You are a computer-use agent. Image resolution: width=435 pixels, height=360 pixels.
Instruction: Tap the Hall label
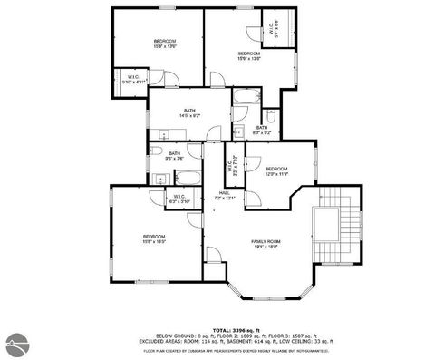click(x=224, y=194)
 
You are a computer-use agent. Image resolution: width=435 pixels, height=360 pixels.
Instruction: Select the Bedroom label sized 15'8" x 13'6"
click(x=164, y=44)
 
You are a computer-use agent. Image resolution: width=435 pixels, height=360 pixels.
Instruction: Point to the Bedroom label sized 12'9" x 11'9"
click(x=276, y=171)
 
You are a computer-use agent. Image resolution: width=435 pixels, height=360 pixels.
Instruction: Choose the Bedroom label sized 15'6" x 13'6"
click(x=249, y=56)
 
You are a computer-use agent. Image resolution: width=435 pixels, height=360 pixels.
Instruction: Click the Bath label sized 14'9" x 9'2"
click(x=188, y=113)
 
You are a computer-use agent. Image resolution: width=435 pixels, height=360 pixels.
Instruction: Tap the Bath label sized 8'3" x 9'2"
click(x=261, y=131)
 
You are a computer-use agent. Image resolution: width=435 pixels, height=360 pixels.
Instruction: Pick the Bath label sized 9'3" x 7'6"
click(x=174, y=156)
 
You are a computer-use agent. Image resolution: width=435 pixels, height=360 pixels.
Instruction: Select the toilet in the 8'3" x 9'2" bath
click(x=271, y=116)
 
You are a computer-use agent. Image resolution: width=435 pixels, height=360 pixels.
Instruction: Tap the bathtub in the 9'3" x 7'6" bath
click(x=188, y=177)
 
